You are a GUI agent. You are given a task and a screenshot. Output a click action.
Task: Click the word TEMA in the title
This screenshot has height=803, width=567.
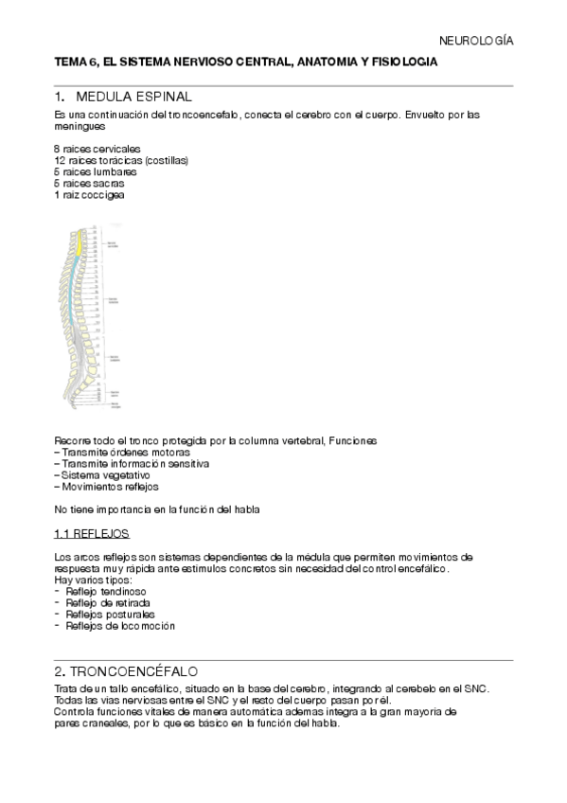click(72, 61)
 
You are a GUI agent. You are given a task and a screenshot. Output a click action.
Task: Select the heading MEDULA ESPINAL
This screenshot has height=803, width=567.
click(133, 97)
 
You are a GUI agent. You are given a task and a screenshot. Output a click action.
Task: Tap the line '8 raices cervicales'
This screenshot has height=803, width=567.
click(97, 150)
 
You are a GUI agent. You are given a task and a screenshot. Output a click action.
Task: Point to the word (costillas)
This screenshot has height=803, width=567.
click(167, 161)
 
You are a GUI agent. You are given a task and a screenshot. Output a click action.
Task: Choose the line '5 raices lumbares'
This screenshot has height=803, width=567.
click(96, 172)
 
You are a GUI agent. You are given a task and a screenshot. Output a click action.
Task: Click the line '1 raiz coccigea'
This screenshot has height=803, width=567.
click(89, 195)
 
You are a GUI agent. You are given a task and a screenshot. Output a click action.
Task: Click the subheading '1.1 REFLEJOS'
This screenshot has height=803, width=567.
click(92, 533)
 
